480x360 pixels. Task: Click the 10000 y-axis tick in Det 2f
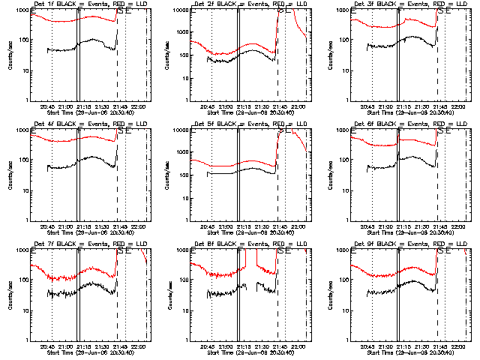[180, 10]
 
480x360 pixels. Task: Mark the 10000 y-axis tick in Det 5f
[180, 130]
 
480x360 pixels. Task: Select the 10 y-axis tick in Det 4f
[23, 190]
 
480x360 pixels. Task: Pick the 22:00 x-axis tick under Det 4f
[137, 226]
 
